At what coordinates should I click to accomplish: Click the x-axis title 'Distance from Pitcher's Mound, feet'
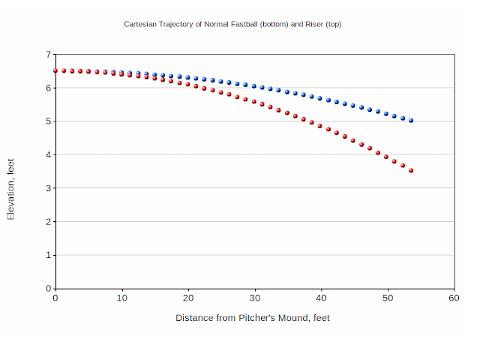[252, 317]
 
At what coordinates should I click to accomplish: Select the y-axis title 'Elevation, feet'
[10, 193]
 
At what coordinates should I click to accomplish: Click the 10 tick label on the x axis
[121, 298]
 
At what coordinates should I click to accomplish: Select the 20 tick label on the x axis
[188, 298]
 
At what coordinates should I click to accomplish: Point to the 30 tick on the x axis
[255, 298]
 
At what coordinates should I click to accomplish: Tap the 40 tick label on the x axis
[321, 298]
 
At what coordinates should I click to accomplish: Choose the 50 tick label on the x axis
[388, 298]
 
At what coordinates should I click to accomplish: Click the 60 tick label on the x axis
[454, 298]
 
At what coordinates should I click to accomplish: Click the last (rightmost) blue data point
[411, 121]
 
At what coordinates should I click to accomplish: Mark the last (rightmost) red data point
[411, 170]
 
